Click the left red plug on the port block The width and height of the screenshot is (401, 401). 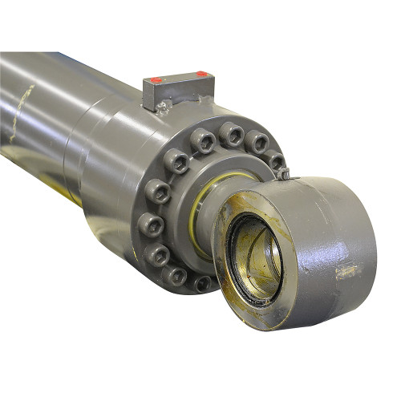pyautogui.click(x=156, y=79)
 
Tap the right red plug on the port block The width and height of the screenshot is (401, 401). pyautogui.click(x=201, y=75)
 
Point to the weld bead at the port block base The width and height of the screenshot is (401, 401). pyautogui.click(x=165, y=106)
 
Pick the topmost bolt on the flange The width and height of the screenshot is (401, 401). pyautogui.click(x=233, y=133)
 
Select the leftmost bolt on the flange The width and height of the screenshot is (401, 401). pyautogui.click(x=153, y=192)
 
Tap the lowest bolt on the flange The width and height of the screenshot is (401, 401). pyautogui.click(x=201, y=282)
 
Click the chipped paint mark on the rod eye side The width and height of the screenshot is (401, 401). pyautogui.click(x=346, y=271)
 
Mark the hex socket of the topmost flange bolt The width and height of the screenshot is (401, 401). pyautogui.click(x=233, y=133)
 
